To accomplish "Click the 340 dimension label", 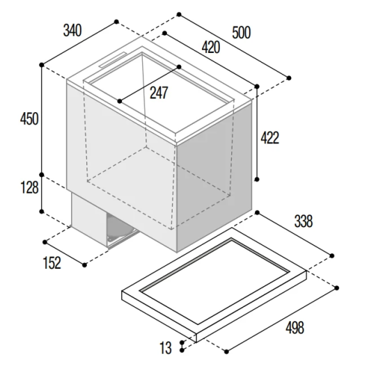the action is click(x=72, y=31).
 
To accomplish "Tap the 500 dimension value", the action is click(x=241, y=33).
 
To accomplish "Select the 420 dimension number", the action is click(x=211, y=47).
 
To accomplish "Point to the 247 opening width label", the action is click(x=159, y=93).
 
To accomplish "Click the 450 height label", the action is click(x=29, y=119).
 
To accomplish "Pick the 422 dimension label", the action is click(x=269, y=138).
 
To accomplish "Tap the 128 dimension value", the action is click(x=29, y=187).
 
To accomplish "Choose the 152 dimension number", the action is click(x=52, y=263).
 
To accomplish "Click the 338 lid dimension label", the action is click(x=304, y=221).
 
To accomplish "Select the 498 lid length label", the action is click(x=295, y=327).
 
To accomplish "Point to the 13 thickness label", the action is click(x=166, y=348).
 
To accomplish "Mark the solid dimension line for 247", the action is click(x=149, y=84).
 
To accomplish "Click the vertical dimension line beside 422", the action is click(x=257, y=133).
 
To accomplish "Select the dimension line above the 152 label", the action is click(x=65, y=253).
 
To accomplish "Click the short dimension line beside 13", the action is click(x=182, y=346).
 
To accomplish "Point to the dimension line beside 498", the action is click(x=281, y=320).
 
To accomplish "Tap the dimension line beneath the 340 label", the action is click(x=79, y=43).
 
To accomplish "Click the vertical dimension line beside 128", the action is click(x=42, y=194).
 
